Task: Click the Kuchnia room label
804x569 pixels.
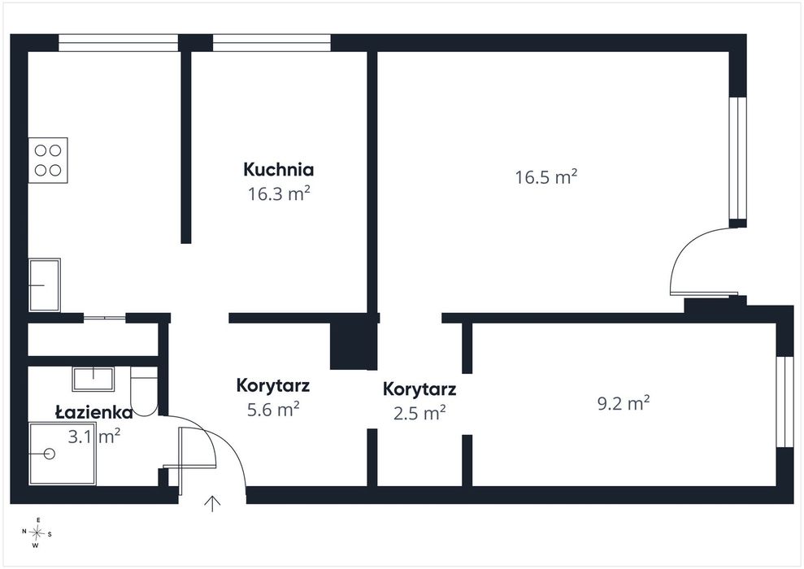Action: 278,169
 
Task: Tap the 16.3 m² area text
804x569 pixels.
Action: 279,193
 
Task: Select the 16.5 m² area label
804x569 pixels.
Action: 546,177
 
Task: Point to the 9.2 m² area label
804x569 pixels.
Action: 624,403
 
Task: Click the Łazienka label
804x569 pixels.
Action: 93,412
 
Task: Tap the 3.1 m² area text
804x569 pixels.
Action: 94,437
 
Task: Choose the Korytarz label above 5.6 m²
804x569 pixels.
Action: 273,385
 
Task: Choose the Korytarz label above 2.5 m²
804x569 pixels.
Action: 419,389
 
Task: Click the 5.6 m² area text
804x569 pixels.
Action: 273,410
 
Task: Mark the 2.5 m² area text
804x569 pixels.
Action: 419,413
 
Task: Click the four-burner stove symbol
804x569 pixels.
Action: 48,160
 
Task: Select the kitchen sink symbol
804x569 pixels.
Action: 45,285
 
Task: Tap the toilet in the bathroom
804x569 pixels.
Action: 144,392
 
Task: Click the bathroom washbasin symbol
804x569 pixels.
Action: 93,380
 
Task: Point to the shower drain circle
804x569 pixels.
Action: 50,454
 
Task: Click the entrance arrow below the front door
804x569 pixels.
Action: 212,504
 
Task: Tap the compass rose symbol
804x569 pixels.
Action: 37,533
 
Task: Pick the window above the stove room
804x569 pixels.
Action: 119,43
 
